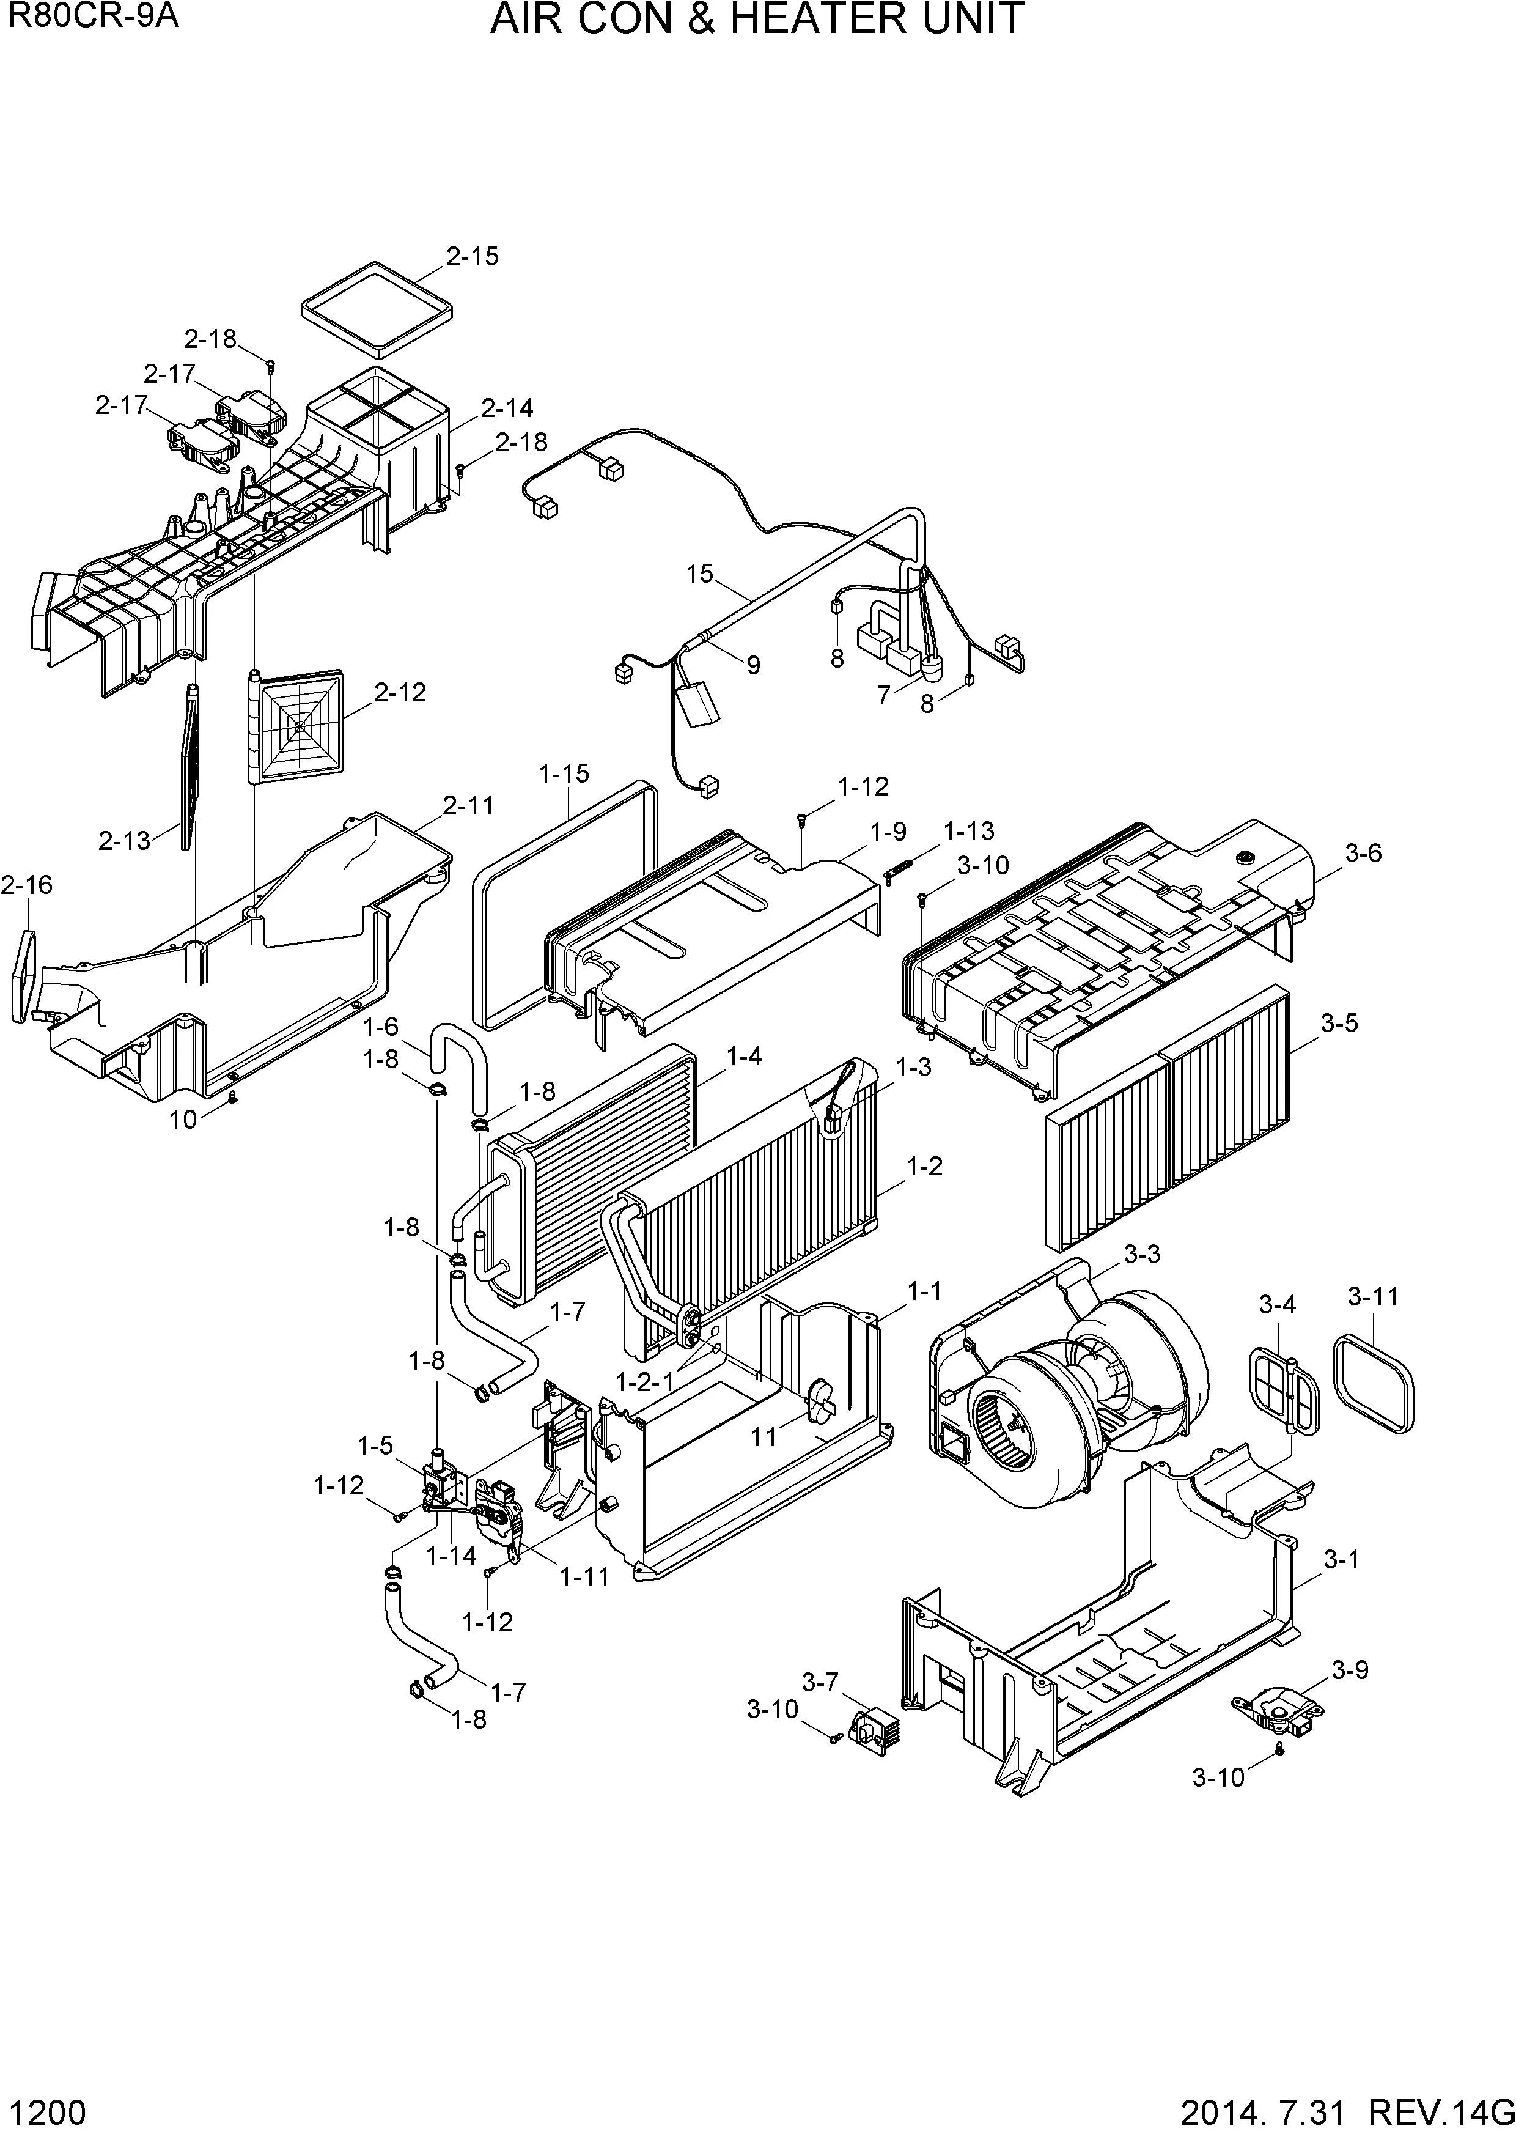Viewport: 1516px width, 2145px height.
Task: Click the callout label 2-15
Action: (x=472, y=257)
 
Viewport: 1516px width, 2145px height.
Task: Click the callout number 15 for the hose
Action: (x=699, y=574)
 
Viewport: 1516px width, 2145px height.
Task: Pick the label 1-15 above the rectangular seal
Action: (x=564, y=773)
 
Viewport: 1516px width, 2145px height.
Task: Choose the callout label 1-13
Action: (x=969, y=830)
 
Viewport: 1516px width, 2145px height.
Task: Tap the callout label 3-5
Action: (x=1339, y=1023)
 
